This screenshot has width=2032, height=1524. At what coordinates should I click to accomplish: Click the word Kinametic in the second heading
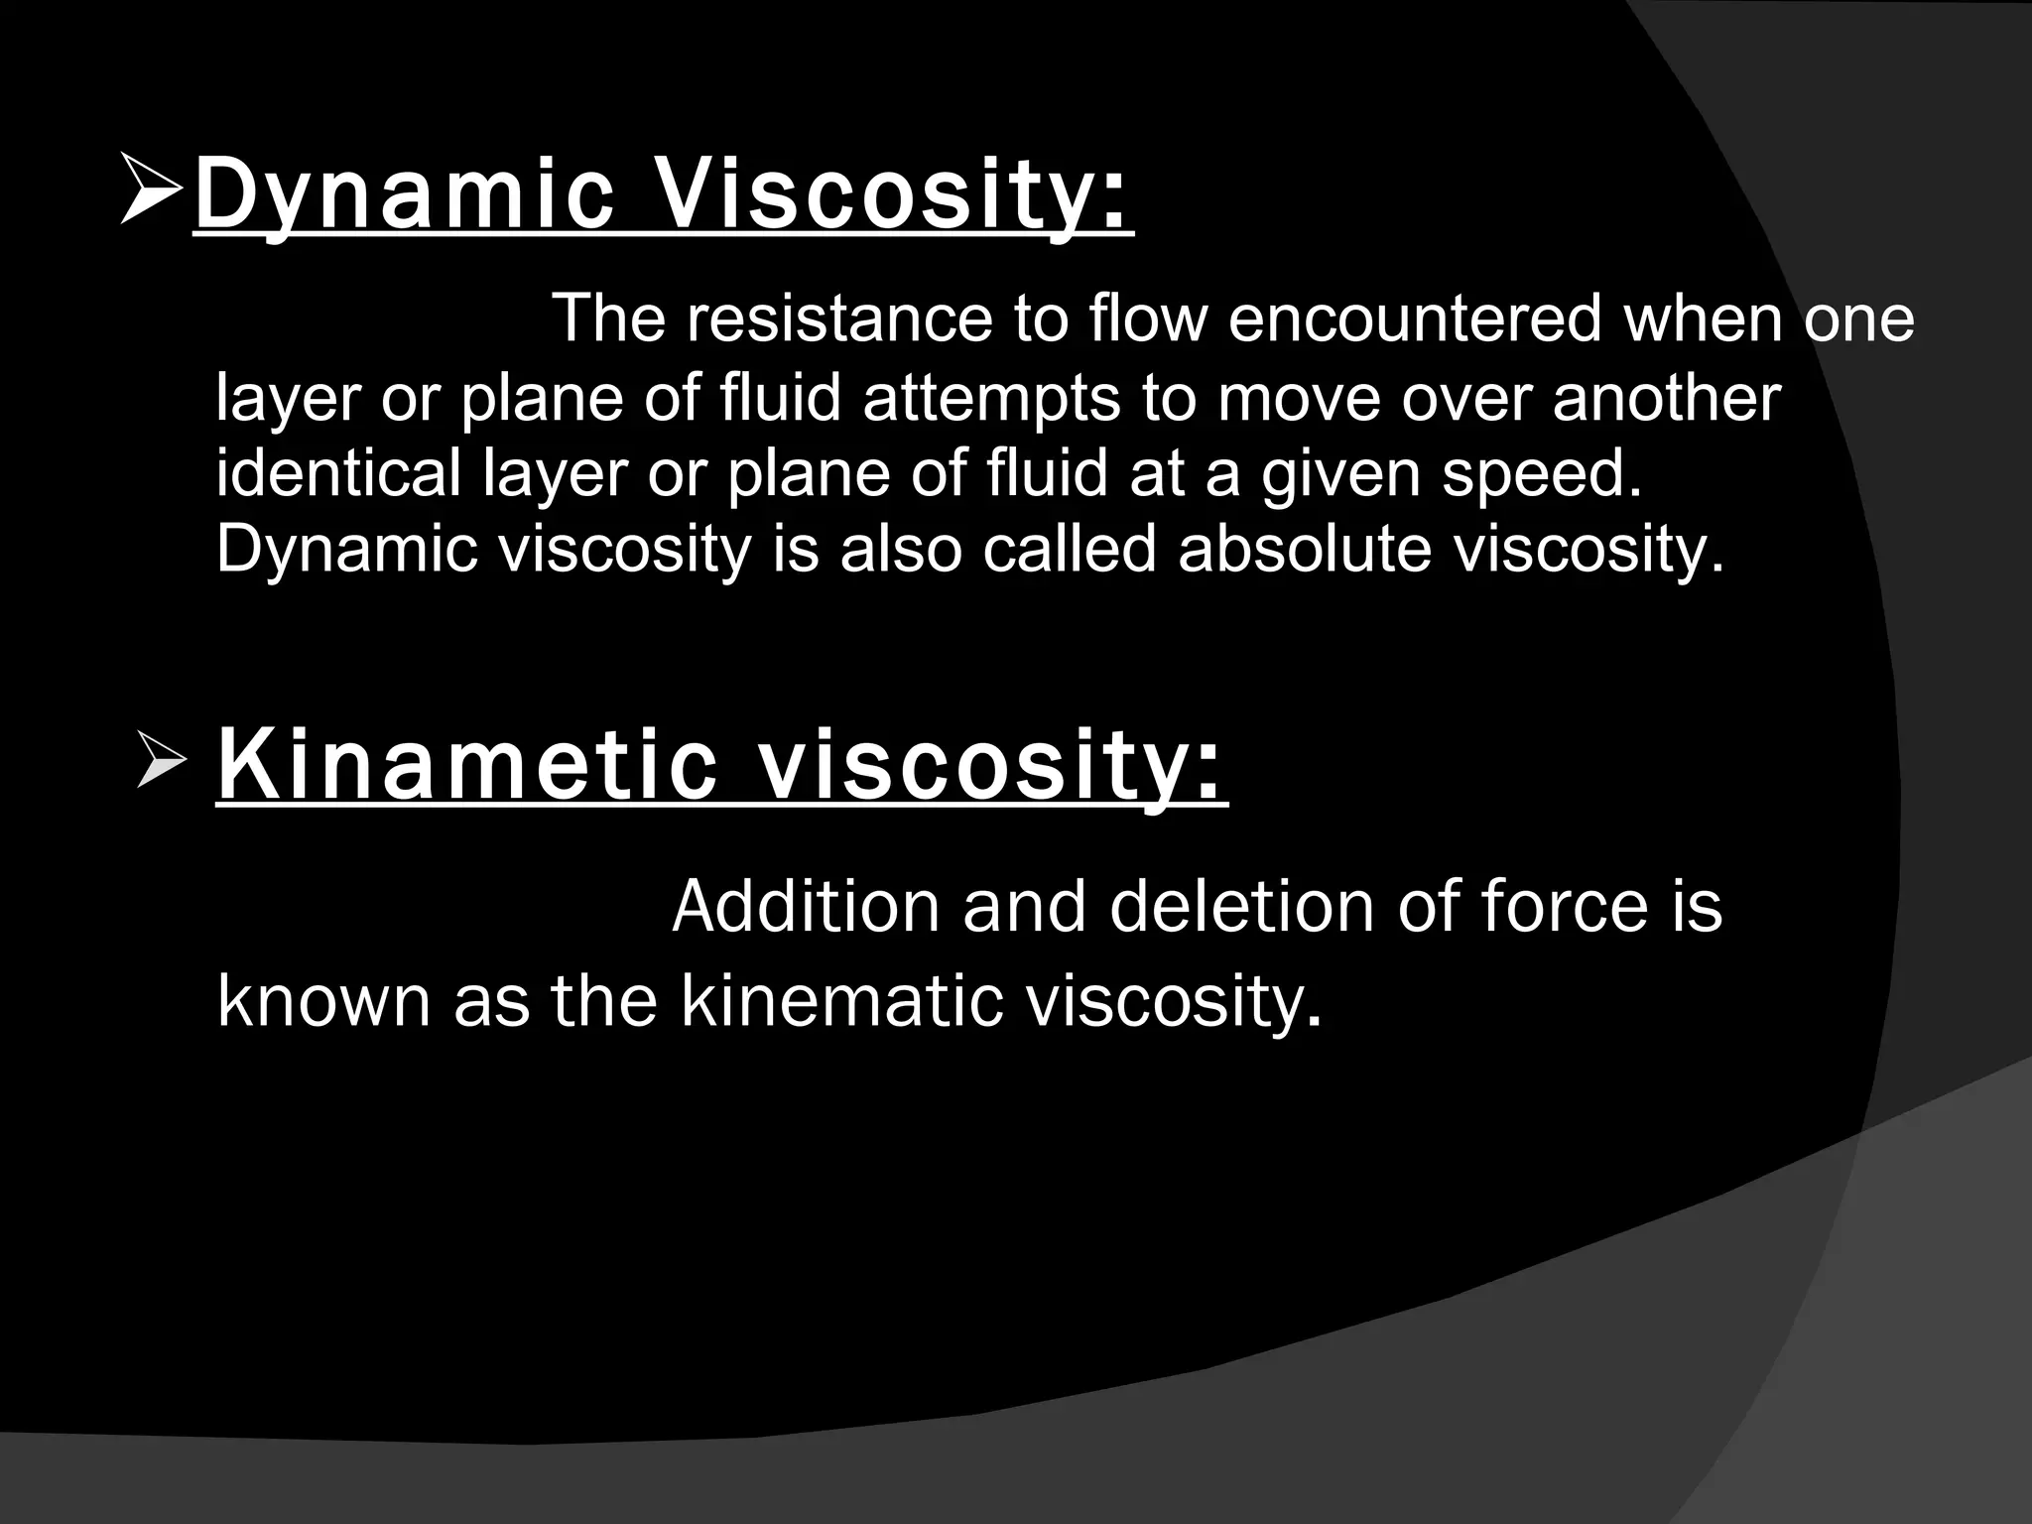(466, 765)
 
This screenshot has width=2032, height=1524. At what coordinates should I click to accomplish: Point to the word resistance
(839, 318)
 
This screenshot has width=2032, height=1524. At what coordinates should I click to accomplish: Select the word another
(1666, 398)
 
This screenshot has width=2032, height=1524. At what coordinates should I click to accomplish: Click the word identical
(338, 473)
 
